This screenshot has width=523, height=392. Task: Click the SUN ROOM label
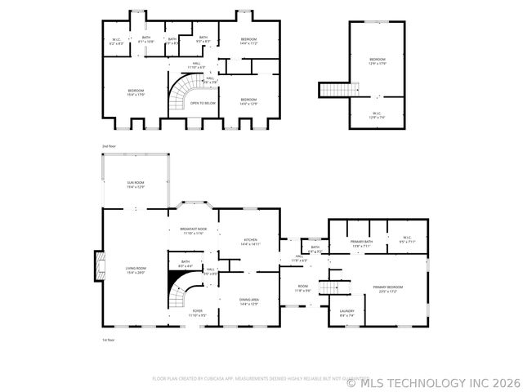tap(136, 184)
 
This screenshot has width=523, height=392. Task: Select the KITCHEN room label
tap(250, 241)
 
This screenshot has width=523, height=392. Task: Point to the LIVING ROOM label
tap(136, 270)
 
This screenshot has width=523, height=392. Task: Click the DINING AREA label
tap(249, 301)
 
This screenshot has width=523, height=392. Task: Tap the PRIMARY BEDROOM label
tap(387, 288)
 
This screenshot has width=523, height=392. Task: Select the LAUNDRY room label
tap(346, 313)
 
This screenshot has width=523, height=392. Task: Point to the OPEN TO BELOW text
tap(203, 103)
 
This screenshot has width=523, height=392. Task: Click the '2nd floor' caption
tap(109, 145)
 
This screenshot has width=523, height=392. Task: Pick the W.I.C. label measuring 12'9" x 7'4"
tap(377, 115)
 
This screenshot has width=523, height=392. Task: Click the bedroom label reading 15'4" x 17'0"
tap(136, 91)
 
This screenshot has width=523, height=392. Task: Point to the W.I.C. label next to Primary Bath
tap(408, 241)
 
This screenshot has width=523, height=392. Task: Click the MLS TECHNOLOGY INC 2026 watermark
tap(433, 381)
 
